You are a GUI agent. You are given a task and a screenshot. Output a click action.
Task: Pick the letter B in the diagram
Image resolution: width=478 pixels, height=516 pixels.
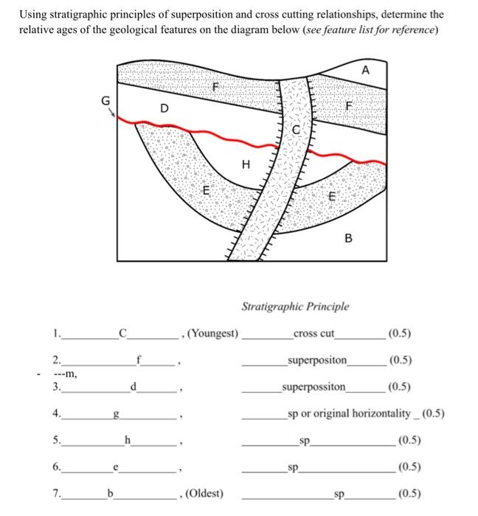click(x=348, y=238)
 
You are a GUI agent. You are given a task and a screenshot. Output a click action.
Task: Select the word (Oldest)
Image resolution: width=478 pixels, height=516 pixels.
click(x=209, y=492)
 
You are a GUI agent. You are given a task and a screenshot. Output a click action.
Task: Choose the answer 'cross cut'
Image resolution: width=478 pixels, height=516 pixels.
click(x=314, y=333)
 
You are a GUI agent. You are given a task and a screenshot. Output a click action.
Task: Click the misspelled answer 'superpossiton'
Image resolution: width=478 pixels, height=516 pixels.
click(x=314, y=386)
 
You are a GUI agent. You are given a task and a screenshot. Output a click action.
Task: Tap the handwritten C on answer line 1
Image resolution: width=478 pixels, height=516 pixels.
click(x=123, y=333)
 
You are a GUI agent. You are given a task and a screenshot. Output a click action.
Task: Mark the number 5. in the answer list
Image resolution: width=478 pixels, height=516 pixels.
click(x=57, y=440)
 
